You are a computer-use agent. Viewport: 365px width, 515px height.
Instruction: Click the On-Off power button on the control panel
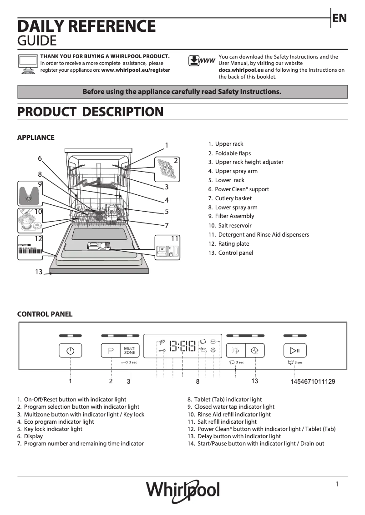pyautogui.click(x=70, y=351)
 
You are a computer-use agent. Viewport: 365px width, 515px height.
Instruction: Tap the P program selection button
pyautogui.click(x=110, y=351)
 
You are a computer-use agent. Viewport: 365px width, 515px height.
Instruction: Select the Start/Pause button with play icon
pyautogui.click(x=294, y=351)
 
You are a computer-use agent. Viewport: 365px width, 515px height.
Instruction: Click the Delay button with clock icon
pyautogui.click(x=255, y=351)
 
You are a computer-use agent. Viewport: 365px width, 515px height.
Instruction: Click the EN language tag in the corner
pyautogui.click(x=340, y=18)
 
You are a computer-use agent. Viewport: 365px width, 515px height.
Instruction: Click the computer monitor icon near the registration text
pyautogui.click(x=28, y=63)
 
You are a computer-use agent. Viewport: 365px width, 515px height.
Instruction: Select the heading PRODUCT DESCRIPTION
pyautogui.click(x=90, y=112)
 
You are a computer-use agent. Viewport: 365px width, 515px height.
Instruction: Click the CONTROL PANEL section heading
pyautogui.click(x=45, y=314)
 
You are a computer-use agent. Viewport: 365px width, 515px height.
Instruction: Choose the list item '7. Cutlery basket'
pyautogui.click(x=230, y=198)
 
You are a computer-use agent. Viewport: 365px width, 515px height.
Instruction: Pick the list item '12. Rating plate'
pyautogui.click(x=228, y=244)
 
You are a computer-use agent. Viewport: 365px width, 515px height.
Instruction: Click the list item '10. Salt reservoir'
pyautogui.click(x=230, y=226)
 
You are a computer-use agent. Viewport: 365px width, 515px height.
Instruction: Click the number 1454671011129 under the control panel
pyautogui.click(x=313, y=381)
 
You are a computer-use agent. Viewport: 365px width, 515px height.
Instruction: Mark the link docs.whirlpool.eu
pyautogui.click(x=241, y=70)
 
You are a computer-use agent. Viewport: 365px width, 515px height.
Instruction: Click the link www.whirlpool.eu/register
pyautogui.click(x=136, y=70)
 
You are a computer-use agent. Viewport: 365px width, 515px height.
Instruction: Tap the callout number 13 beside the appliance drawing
pyautogui.click(x=39, y=272)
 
